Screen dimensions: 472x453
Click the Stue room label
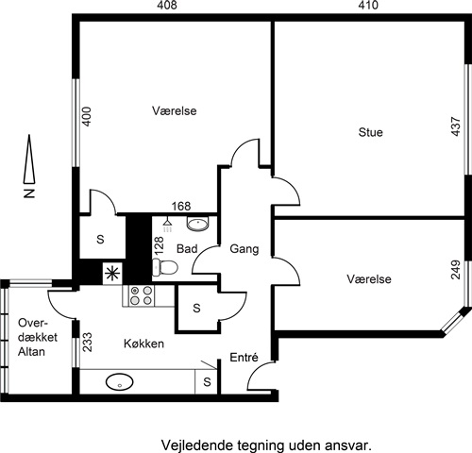pyautogui.click(x=370, y=132)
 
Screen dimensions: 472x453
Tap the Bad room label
pyautogui.click(x=187, y=249)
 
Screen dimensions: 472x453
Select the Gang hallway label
pyautogui.click(x=244, y=249)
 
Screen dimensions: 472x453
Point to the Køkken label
pyautogui.click(x=143, y=344)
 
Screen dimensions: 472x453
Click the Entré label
pyautogui.click(x=244, y=357)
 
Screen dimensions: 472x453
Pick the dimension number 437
pyautogui.click(x=456, y=126)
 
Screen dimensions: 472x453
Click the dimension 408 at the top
pyautogui.click(x=167, y=6)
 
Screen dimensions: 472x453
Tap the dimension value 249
pyautogui.click(x=456, y=270)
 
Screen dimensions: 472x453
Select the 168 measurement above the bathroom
pyautogui.click(x=181, y=207)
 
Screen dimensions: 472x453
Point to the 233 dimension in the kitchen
pyautogui.click(x=87, y=342)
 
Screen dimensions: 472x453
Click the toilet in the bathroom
pyautogui.click(x=165, y=267)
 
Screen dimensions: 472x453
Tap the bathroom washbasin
pyautogui.click(x=197, y=223)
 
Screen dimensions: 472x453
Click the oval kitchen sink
pyautogui.click(x=120, y=382)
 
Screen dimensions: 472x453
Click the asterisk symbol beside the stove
pyautogui.click(x=112, y=273)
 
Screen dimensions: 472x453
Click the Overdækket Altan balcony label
pyautogui.click(x=38, y=337)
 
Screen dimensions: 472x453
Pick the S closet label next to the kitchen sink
pyautogui.click(x=207, y=382)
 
